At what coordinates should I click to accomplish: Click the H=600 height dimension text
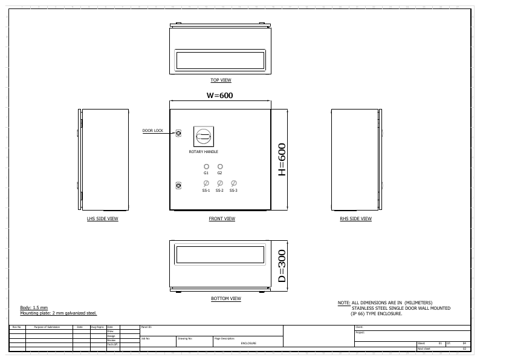click(x=281, y=160)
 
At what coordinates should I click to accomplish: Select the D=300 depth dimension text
click(x=281, y=266)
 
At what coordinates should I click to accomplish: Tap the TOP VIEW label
click(x=221, y=80)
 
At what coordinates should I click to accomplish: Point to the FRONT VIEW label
click(x=222, y=219)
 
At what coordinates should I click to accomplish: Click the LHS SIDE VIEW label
click(x=102, y=219)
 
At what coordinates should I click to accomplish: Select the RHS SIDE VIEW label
click(x=355, y=219)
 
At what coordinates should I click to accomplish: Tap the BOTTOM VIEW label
click(x=225, y=298)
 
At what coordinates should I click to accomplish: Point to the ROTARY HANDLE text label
click(x=203, y=152)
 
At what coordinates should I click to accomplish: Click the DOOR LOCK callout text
click(x=152, y=131)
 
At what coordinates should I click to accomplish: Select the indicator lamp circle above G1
click(x=206, y=166)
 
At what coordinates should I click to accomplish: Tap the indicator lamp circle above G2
click(x=220, y=166)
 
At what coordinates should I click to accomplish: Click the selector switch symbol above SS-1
click(x=206, y=183)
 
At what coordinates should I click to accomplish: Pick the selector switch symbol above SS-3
click(x=234, y=183)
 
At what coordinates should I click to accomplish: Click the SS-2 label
click(x=219, y=191)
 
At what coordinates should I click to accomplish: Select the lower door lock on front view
click(x=178, y=185)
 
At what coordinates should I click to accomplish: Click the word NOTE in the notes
click(x=343, y=303)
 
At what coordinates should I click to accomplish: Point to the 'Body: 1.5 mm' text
click(x=34, y=308)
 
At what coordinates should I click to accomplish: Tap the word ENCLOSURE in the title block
click(x=248, y=343)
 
